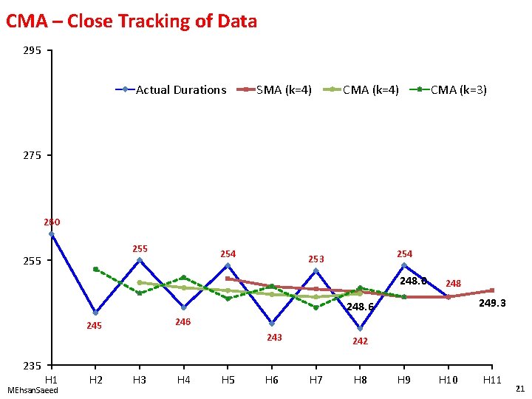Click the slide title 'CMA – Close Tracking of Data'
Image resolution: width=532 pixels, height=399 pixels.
[132, 21]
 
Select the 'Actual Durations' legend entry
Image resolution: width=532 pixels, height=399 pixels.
[180, 90]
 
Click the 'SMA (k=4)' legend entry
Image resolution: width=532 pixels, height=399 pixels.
[284, 90]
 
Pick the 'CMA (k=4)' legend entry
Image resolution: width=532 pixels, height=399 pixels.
[370, 90]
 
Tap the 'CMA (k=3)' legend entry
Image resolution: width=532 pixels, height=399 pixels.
[458, 90]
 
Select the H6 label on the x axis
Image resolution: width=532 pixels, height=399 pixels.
[271, 380]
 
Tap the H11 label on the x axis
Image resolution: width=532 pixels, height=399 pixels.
[492, 380]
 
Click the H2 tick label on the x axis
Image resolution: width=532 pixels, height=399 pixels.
[95, 380]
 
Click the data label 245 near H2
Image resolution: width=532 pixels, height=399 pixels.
[94, 327]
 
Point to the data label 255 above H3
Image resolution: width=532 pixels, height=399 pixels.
[139, 249]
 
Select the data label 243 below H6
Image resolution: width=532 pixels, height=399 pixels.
[274, 338]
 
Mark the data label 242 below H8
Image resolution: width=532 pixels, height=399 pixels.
[360, 341]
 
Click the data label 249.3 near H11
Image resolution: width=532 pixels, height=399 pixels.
[492, 304]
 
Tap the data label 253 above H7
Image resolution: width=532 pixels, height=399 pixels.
[316, 259]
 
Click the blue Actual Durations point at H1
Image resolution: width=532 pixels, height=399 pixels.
[51, 234]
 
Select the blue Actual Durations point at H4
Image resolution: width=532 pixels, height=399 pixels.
[183, 307]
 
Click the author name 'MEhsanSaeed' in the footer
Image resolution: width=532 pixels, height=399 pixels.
[32, 389]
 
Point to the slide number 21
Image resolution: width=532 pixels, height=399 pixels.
[519, 389]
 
